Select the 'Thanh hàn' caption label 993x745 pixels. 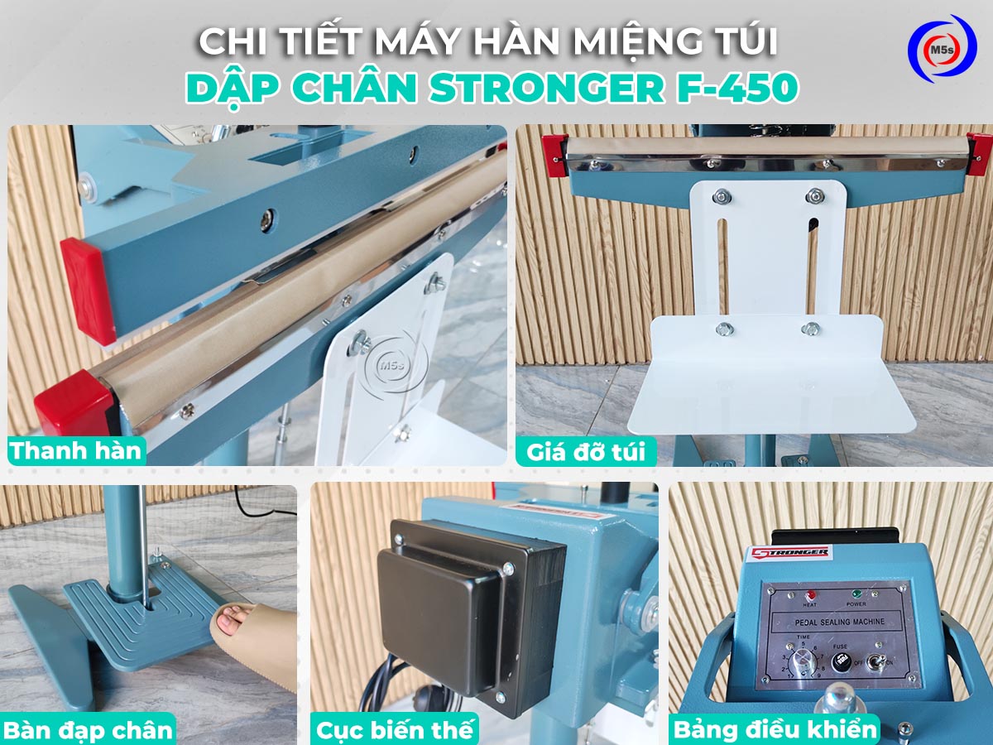[x=76, y=451]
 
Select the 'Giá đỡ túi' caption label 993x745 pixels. [x=587, y=452]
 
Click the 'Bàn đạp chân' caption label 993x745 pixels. [x=88, y=729]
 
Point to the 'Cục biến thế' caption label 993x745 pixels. [x=396, y=729]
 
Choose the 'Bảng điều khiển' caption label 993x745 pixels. [x=775, y=729]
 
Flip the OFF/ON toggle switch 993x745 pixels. [x=881, y=662]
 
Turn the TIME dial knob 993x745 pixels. [x=800, y=661]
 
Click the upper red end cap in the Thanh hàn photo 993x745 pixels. [x=88, y=289]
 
